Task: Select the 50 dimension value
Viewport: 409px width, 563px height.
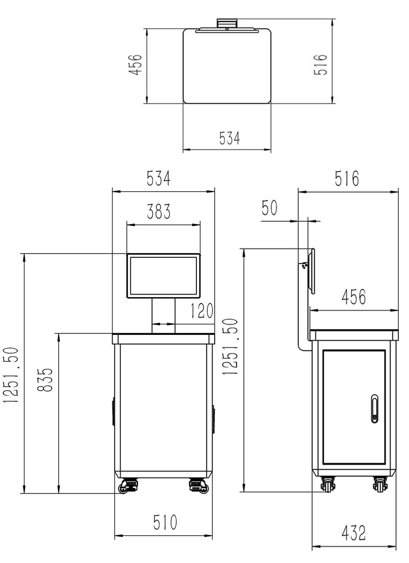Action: click(x=269, y=209)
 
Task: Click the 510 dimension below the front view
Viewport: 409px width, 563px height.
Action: click(x=165, y=523)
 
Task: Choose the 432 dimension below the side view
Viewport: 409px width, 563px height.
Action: click(x=354, y=533)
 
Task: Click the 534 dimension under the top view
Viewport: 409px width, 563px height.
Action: click(x=230, y=138)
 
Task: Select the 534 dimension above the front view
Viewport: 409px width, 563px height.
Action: click(x=159, y=179)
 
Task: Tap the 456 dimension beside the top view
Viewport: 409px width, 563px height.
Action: click(x=134, y=65)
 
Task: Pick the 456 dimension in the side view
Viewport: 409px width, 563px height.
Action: click(x=354, y=297)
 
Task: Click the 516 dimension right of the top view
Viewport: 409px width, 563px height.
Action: click(x=320, y=65)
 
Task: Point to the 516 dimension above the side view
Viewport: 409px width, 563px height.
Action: click(x=347, y=179)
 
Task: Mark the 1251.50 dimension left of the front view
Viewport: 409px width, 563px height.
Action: click(x=12, y=375)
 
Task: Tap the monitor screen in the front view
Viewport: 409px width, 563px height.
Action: click(x=164, y=275)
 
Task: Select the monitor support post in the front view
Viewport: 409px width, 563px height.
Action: click(x=164, y=316)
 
